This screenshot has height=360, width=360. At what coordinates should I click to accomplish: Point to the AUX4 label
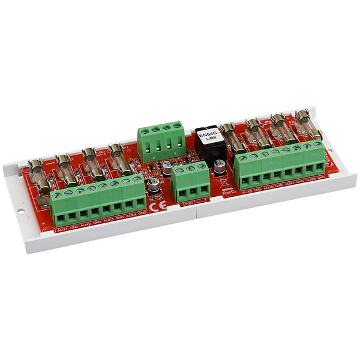pos(131,217)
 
